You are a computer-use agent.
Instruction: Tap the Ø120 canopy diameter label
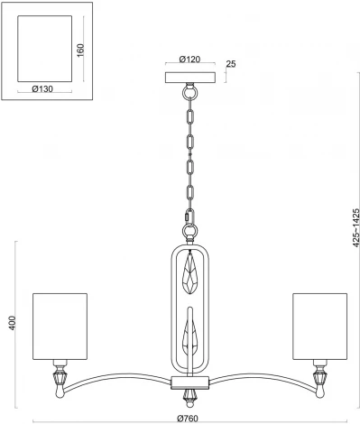(189, 60)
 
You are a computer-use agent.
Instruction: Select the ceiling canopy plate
(189, 77)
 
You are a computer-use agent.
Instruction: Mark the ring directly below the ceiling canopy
(189, 91)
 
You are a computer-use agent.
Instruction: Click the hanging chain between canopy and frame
(189, 153)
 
